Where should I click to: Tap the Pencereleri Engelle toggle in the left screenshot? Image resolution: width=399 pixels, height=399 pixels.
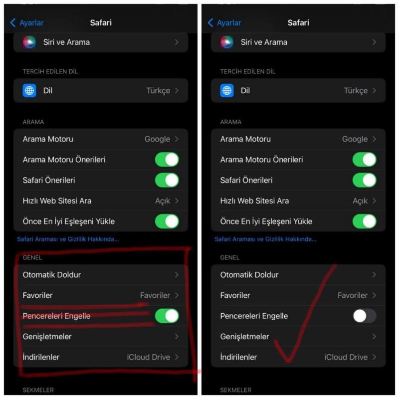click(x=167, y=316)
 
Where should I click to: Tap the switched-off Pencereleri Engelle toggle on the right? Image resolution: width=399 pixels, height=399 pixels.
click(x=365, y=316)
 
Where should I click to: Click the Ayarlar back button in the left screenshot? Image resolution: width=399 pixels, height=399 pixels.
click(x=27, y=22)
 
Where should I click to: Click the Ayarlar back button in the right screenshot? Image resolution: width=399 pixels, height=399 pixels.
click(x=224, y=22)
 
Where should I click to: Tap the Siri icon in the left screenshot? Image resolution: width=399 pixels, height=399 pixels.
click(x=29, y=42)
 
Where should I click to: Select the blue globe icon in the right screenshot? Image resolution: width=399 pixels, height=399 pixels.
click(x=227, y=90)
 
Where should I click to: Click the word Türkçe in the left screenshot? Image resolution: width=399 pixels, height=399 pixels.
click(x=158, y=91)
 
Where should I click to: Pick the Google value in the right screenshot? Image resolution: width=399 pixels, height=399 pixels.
click(x=355, y=139)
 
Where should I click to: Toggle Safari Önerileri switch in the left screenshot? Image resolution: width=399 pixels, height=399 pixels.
click(x=167, y=180)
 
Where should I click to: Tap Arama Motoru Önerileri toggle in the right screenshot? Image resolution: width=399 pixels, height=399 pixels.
click(x=365, y=160)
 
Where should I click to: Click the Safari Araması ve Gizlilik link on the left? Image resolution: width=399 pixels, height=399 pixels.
click(x=68, y=239)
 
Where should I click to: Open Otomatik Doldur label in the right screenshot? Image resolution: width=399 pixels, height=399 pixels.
click(x=249, y=275)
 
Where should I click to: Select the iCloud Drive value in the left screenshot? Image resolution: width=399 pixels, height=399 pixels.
click(x=148, y=357)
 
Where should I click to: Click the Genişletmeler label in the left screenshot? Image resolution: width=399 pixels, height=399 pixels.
click(x=47, y=337)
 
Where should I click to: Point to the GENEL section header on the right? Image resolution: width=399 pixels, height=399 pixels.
click(x=230, y=257)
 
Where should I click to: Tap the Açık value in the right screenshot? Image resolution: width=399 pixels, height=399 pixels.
click(x=360, y=201)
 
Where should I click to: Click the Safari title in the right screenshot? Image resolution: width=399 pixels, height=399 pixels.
click(x=298, y=22)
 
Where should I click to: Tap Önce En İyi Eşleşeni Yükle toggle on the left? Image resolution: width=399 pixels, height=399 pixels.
click(x=167, y=221)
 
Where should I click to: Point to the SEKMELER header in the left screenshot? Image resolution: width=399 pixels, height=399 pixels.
click(x=38, y=390)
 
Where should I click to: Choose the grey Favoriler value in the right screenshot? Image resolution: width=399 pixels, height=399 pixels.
click(x=353, y=295)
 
